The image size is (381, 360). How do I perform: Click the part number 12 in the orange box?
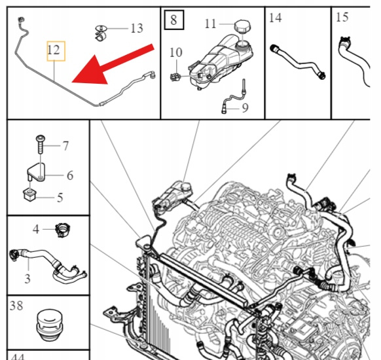[54, 50]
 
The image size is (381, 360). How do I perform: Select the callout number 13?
[137, 28]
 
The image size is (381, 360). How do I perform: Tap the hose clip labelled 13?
[101, 33]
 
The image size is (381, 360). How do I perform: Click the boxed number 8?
[173, 20]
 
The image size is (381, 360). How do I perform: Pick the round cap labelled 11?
[242, 26]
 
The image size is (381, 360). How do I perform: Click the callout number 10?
[176, 52]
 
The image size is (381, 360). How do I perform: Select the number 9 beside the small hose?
[245, 108]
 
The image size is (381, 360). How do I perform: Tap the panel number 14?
[276, 18]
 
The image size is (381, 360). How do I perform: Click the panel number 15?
[342, 18]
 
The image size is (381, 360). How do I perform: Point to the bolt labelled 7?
[40, 144]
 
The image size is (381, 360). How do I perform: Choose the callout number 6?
[70, 175]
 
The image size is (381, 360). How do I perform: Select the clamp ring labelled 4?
[62, 230]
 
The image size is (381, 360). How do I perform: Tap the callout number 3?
[27, 279]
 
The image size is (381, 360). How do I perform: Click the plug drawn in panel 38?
[50, 325]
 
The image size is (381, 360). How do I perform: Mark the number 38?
[16, 306]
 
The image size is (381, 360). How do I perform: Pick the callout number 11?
[210, 24]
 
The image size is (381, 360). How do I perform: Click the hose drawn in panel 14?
[298, 62]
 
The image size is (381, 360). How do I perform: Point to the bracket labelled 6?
[36, 172]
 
